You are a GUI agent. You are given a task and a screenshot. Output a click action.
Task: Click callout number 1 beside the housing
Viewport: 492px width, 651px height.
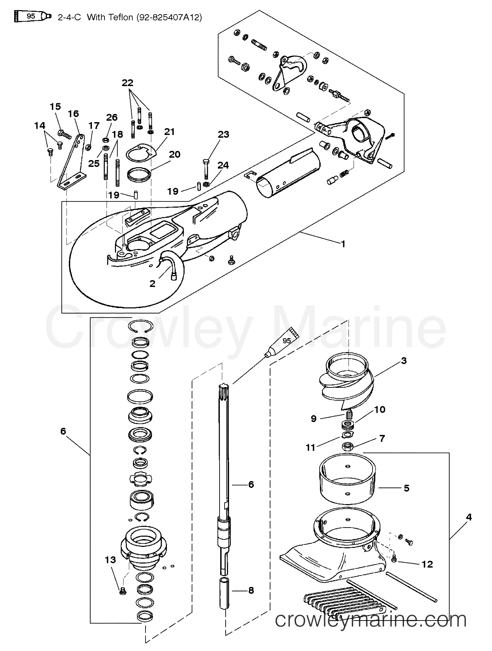coord(343,244)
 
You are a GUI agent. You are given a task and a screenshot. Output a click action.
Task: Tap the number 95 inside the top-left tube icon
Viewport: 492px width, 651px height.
coord(31,16)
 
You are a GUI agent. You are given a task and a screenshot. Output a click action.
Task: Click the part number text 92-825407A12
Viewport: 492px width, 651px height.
coord(169,17)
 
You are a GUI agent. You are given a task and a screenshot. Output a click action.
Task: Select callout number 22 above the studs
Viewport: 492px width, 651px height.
coord(127,83)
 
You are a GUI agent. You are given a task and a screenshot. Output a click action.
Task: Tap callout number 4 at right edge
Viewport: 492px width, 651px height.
coord(469,517)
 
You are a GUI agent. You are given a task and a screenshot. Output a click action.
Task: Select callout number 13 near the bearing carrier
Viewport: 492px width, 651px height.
coord(110,560)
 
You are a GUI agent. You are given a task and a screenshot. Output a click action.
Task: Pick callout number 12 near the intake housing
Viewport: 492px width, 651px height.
coord(427,564)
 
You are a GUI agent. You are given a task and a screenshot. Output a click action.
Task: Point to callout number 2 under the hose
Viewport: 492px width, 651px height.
coord(152,283)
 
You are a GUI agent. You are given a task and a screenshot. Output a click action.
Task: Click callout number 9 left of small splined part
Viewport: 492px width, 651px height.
coord(314,419)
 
